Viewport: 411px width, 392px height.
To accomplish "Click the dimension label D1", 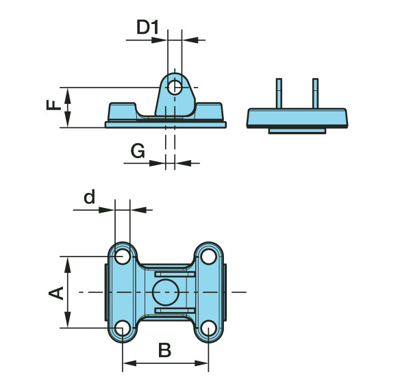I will click(x=147, y=27).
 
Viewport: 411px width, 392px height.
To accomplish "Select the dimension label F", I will click(x=52, y=107).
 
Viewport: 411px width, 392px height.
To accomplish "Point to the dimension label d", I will click(x=89, y=197).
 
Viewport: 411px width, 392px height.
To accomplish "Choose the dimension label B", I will click(x=164, y=351).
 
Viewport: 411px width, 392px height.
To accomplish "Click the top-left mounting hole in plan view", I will click(x=123, y=257).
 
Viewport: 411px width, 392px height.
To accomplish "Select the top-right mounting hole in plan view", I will click(x=208, y=257).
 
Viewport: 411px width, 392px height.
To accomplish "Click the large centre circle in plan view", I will click(x=165, y=293).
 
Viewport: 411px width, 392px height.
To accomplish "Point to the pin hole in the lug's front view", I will click(x=175, y=88).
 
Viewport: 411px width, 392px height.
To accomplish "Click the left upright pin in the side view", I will click(x=279, y=93).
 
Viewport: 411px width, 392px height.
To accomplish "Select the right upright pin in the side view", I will click(x=315, y=93).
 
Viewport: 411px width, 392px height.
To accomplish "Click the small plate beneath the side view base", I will click(x=297, y=130).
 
